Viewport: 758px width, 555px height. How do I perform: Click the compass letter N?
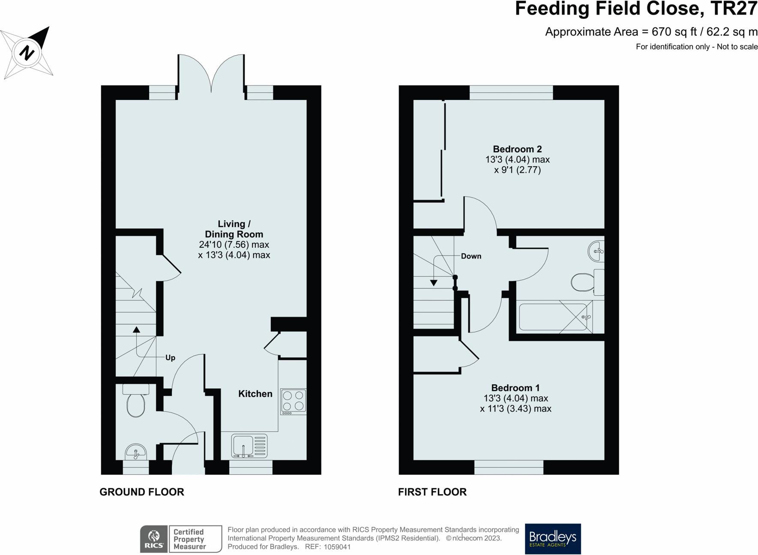(27, 53)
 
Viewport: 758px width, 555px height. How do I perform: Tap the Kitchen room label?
(255, 394)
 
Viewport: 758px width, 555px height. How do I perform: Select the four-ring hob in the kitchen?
(294, 402)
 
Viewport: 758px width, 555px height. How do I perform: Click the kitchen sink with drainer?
(249, 446)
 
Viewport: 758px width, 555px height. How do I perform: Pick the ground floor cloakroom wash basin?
(136, 452)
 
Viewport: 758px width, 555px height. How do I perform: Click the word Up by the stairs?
(171, 358)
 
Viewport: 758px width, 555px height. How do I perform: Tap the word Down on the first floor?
(471, 256)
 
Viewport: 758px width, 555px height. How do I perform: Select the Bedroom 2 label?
(517, 149)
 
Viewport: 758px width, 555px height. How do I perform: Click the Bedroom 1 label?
(515, 388)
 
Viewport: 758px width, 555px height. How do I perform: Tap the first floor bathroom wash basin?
(596, 251)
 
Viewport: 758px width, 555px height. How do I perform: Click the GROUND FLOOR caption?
(142, 492)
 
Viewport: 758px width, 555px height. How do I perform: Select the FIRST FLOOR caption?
(432, 492)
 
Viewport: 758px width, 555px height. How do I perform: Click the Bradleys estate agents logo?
(553, 539)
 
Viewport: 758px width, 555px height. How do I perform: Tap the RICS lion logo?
(154, 539)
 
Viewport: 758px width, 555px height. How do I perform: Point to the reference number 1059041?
(337, 547)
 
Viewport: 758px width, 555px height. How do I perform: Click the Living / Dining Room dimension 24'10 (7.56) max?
(234, 245)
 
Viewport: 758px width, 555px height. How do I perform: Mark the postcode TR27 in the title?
(734, 9)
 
